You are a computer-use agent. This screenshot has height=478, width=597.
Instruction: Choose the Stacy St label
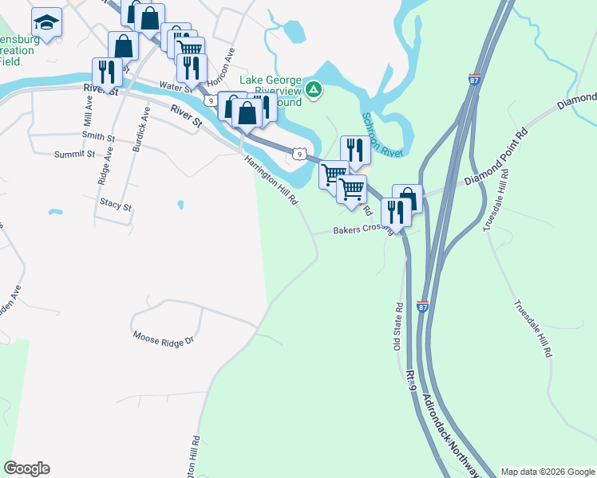(115, 205)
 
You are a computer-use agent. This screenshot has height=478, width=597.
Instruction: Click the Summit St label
(74, 154)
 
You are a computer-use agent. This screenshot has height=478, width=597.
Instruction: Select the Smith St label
(98, 138)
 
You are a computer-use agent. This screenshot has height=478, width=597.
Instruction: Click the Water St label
(176, 85)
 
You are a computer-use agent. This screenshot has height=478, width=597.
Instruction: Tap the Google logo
(26, 468)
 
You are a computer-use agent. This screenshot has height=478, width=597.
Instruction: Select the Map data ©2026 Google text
(548, 472)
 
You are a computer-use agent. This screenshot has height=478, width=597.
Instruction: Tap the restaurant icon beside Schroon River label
(354, 150)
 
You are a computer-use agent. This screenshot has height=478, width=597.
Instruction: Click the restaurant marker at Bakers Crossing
(395, 212)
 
